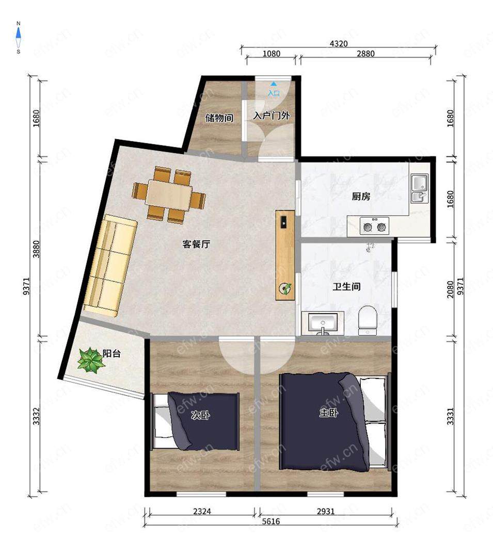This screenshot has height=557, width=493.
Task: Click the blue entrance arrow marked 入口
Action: coord(273,84)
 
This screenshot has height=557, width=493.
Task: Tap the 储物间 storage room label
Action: coord(219,118)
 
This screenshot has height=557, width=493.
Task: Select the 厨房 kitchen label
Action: coord(361,196)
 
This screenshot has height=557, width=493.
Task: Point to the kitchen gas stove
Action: coord(374,226)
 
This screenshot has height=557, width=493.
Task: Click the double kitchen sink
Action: coord(420,188)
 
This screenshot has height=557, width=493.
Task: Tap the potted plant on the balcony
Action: coord(91,360)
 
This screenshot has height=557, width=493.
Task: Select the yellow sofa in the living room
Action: coord(110,266)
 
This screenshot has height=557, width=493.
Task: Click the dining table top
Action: coord(169,194)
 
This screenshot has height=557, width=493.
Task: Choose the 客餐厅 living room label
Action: coord(196,244)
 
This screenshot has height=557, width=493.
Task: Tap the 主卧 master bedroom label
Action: coord(329,412)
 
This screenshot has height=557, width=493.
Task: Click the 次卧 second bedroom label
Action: coord(200,415)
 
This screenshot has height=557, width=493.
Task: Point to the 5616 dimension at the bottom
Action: coord(271,521)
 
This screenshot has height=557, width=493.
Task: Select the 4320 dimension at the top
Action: coord(339,44)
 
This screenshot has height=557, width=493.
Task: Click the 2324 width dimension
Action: coord(202,511)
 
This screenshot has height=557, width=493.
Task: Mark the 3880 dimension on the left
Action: coord(36,249)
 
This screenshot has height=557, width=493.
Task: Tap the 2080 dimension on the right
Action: coord(450,289)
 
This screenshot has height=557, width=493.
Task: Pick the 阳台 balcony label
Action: coord(112,353)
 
